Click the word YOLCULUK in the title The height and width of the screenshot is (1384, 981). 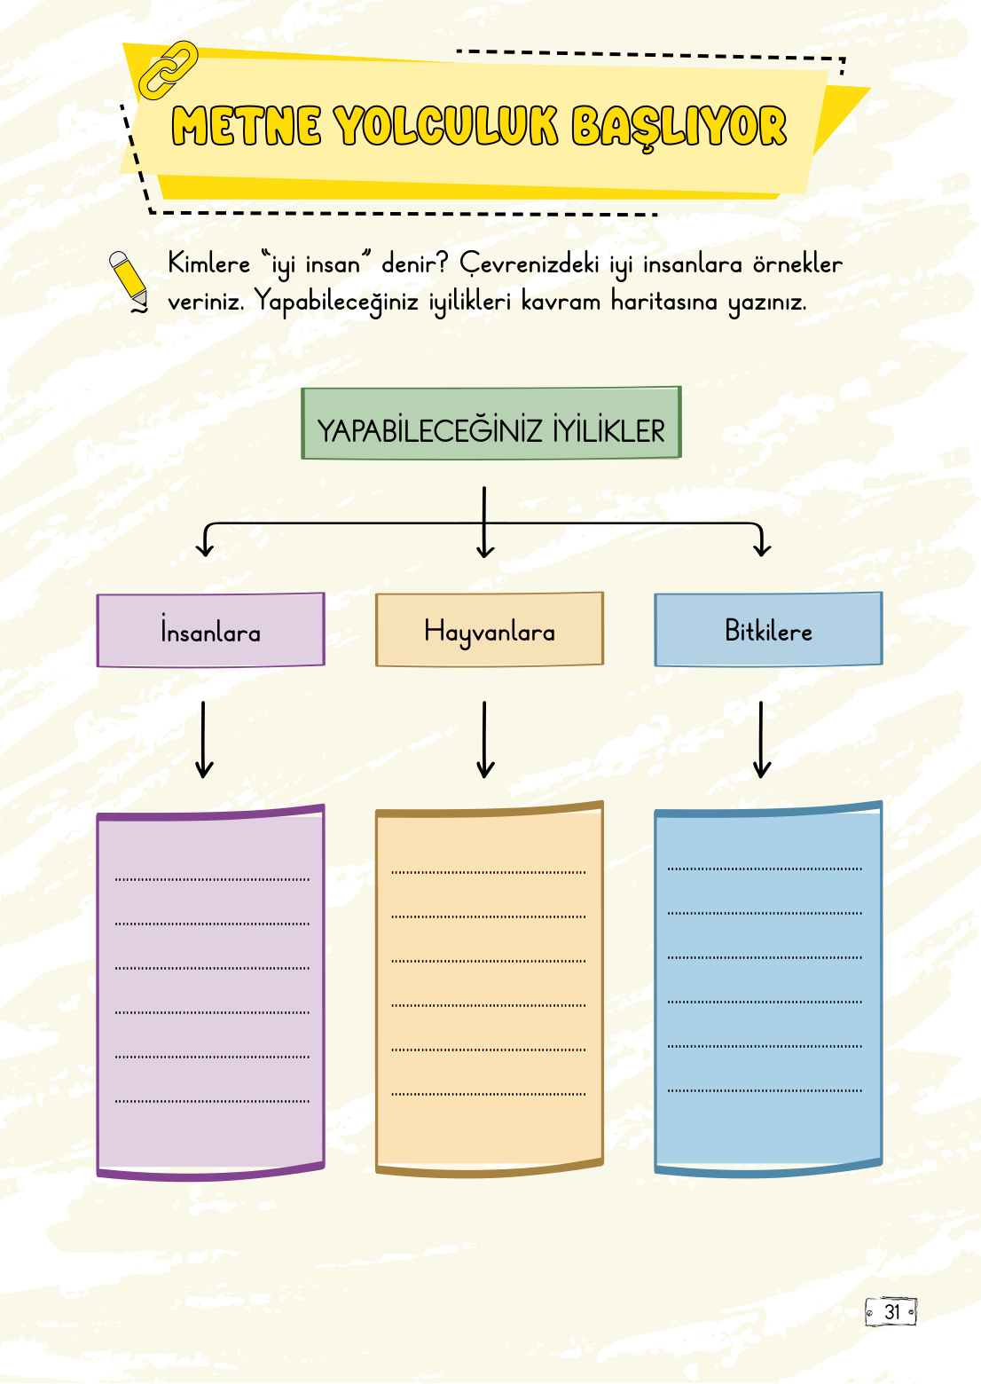[445, 126]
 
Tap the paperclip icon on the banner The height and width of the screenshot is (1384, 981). [168, 68]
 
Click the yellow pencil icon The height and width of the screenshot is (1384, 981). [129, 279]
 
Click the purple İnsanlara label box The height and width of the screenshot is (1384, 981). [211, 631]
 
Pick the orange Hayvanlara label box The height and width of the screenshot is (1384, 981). [490, 630]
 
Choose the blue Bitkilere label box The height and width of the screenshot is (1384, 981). [768, 630]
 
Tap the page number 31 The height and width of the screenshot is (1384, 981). [891, 1312]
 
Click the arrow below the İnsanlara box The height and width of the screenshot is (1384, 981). [204, 740]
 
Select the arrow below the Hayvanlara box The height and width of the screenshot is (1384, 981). [484, 740]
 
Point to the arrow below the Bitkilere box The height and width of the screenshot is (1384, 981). [761, 740]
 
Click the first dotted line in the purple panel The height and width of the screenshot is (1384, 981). [212, 879]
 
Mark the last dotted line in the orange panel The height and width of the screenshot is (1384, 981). [489, 1094]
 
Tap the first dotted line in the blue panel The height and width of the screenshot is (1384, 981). [765, 869]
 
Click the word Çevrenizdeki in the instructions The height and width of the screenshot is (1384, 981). [530, 264]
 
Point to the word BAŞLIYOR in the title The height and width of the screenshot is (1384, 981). [679, 126]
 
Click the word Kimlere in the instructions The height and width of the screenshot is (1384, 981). [209, 264]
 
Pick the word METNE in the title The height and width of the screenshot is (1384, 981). [246, 126]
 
